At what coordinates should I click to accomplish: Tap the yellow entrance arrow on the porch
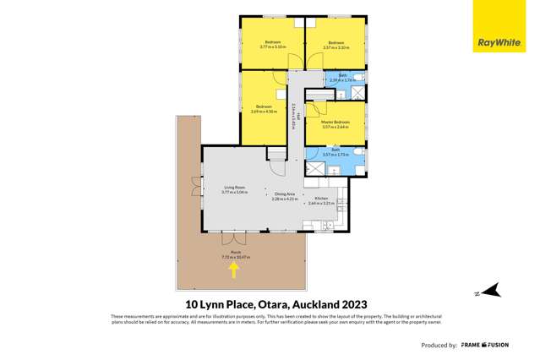(234, 269)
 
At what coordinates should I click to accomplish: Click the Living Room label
(234, 190)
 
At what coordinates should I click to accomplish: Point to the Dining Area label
(285, 196)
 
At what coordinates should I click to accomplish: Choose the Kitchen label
(321, 201)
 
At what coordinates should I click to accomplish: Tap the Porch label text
(232, 254)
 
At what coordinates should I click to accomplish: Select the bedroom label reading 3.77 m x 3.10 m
(272, 44)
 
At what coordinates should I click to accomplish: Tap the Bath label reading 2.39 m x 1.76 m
(341, 78)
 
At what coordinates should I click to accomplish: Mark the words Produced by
(438, 346)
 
